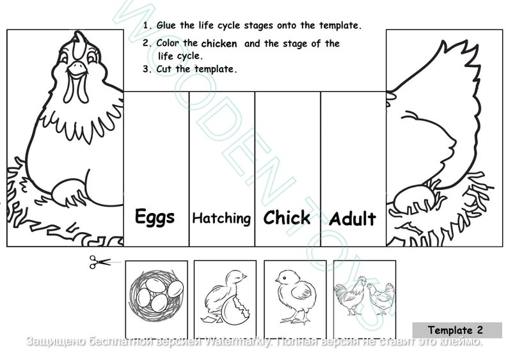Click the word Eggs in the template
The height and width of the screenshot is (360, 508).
coord(155,217)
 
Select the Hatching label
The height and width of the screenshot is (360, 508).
coord(221,218)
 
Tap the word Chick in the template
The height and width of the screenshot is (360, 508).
coord(287,217)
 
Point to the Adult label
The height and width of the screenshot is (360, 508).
coord(353,219)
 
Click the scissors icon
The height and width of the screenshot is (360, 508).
coord(99,262)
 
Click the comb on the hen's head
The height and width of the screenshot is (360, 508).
coord(77,42)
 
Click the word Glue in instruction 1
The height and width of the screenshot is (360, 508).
coord(168,26)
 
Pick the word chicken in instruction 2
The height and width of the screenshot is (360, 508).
coord(219,43)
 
